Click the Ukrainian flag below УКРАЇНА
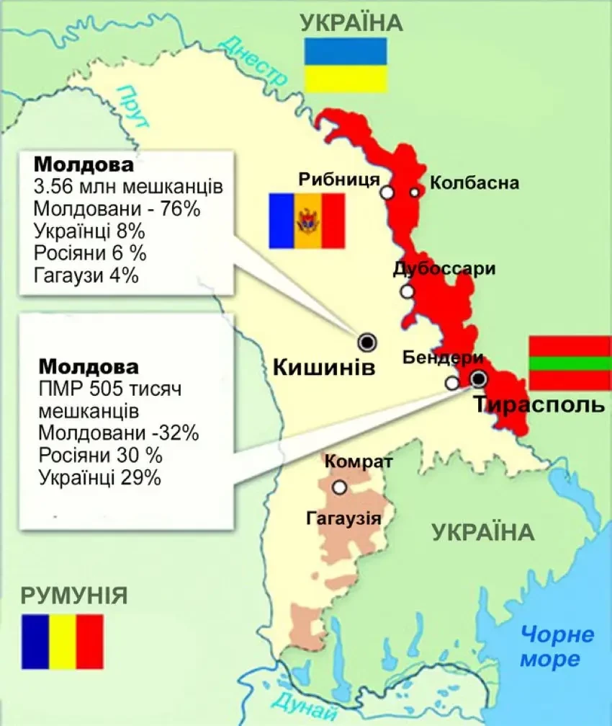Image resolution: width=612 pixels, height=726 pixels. click(346, 66)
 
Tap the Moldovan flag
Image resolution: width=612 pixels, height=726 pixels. click(307, 221)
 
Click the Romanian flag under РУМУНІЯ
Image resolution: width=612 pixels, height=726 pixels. click(63, 642)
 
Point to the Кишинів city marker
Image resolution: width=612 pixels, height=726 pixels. click(368, 341)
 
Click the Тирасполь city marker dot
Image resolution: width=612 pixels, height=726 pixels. click(478, 379)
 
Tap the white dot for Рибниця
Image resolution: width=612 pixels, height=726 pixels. click(387, 192)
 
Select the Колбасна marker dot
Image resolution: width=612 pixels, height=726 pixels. click(414, 192)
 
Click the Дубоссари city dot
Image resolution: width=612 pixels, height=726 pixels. click(408, 291)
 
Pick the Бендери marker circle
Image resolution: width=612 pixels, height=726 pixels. click(451, 384)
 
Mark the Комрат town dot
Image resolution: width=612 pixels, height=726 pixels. click(340, 488)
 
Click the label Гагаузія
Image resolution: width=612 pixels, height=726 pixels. click(340, 518)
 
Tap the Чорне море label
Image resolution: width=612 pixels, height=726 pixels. click(558, 647)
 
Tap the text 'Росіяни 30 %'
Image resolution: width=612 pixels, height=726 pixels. click(100, 455)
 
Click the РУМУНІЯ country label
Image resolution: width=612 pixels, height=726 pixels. click(74, 596)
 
